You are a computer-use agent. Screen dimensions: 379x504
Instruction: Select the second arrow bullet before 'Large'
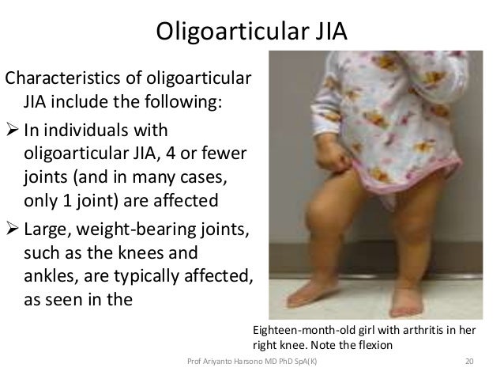[x=13, y=230]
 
